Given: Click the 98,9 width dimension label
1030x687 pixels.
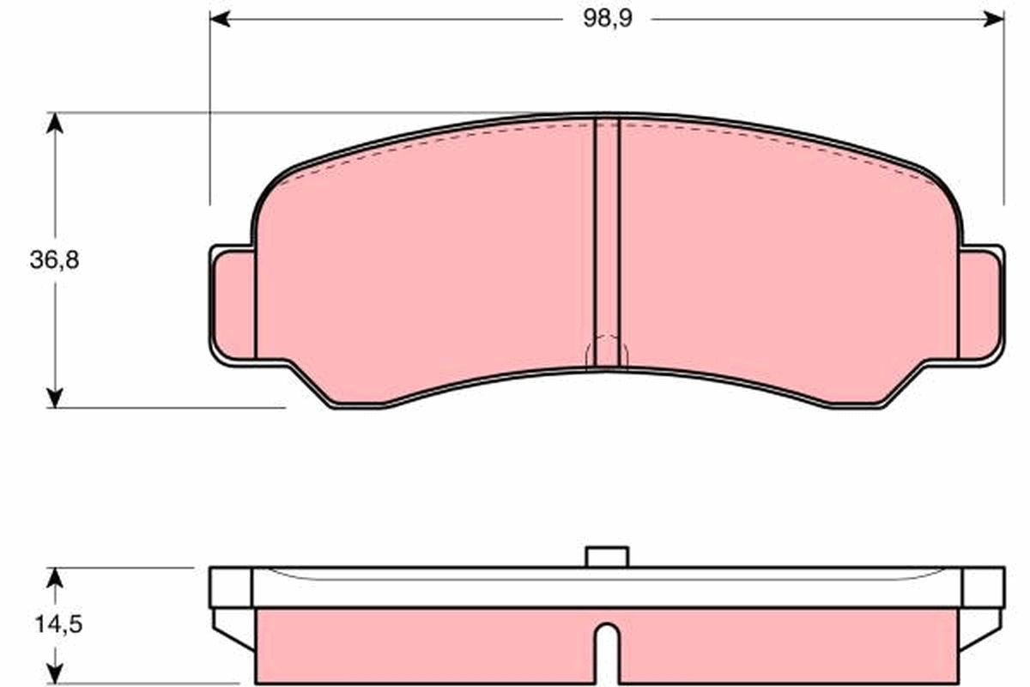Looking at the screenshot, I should point(608,19).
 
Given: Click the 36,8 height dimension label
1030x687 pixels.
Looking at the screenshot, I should point(54,261).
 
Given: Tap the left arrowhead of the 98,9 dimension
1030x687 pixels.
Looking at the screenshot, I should point(220,19).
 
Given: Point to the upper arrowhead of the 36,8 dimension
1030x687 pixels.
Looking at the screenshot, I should point(55,123).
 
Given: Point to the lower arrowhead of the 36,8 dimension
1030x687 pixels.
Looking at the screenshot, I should point(55,397).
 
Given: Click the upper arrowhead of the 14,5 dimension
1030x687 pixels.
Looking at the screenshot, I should point(55,576).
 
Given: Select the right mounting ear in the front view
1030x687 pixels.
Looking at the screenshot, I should point(980,305).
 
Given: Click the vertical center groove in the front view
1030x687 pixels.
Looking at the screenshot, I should point(607,240).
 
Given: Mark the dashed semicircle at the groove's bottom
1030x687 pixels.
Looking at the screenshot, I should point(607,350).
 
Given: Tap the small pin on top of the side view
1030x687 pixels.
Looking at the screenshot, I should point(607,556).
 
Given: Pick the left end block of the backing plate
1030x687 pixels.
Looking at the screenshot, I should point(230,587).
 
